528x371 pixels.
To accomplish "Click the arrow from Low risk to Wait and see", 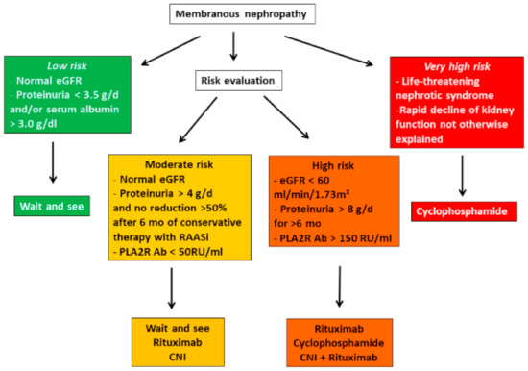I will pos(53,163).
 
